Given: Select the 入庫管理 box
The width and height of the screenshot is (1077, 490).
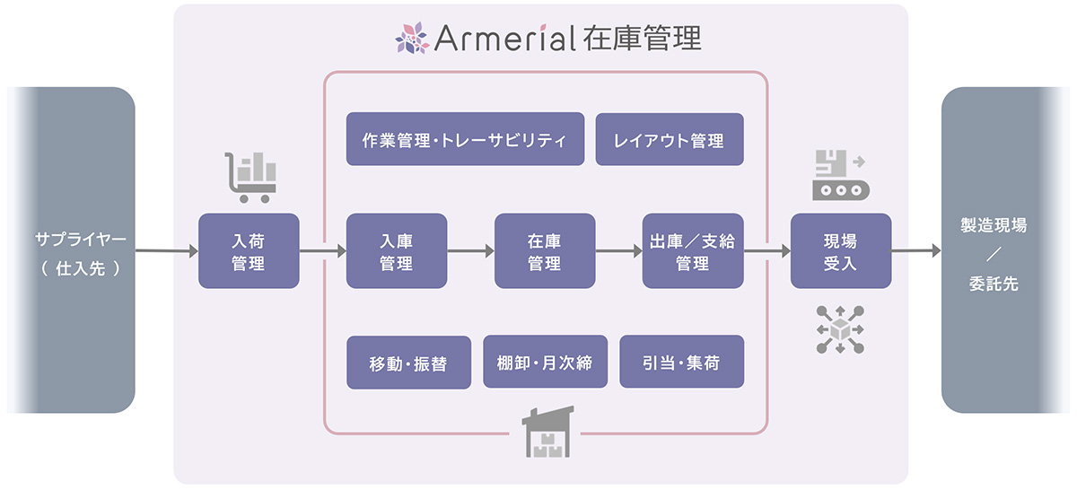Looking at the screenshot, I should (x=396, y=250).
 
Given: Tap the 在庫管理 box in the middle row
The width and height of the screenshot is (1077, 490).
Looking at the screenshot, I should (x=544, y=250).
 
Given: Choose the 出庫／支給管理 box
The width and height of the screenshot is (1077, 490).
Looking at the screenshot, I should (x=692, y=250).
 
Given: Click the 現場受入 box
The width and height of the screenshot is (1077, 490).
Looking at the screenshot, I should (x=840, y=250).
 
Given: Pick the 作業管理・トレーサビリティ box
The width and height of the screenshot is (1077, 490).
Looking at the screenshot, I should (x=465, y=139).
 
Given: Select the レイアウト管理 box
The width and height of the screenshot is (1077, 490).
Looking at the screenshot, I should (x=670, y=139).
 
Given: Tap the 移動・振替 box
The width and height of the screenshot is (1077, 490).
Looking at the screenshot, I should (x=408, y=363).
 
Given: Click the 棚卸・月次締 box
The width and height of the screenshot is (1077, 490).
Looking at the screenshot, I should (x=545, y=363).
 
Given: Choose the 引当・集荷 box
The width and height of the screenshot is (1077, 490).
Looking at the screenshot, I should (x=681, y=363).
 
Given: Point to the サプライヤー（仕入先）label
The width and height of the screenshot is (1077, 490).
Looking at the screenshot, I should (x=81, y=252).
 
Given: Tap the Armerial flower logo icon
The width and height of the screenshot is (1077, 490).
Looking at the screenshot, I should (x=412, y=38).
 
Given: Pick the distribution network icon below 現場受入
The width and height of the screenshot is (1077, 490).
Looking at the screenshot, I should (x=840, y=328).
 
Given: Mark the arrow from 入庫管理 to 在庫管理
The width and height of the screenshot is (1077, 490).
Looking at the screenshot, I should (x=470, y=251).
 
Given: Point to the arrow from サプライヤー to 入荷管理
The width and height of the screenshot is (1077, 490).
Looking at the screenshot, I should (x=166, y=251).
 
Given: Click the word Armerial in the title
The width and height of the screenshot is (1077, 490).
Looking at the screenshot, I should (x=503, y=38).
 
